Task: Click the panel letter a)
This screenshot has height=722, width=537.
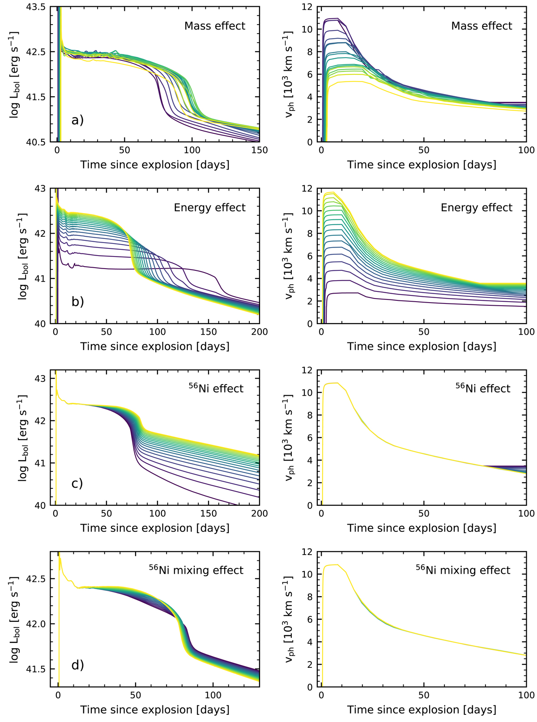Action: pos(77,120)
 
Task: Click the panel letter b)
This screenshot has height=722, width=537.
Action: pos(77,301)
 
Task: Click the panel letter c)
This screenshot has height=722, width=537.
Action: pos(77,483)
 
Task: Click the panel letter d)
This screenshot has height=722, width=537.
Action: pos(77,665)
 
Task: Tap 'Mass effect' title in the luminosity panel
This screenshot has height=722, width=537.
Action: pos(215,26)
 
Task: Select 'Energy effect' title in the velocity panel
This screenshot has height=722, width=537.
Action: pos(476,208)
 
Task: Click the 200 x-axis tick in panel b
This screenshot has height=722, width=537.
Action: pos(260,332)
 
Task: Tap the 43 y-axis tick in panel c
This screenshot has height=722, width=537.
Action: pos(43,379)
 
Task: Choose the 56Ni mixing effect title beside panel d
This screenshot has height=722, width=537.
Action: pos(196,570)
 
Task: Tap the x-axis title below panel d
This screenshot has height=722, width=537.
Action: pos(155,710)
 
